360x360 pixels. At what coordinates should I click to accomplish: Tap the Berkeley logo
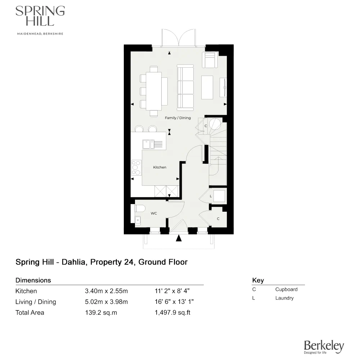tap(324, 347)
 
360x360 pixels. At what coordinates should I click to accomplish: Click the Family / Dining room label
tap(178, 118)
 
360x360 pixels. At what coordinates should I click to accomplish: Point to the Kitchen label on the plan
tap(159, 167)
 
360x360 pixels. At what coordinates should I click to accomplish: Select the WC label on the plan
tap(154, 213)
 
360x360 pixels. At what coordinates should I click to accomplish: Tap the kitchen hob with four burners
tap(136, 167)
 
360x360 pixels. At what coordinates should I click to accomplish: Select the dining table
tap(154, 91)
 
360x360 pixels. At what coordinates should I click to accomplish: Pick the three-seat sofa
tap(185, 87)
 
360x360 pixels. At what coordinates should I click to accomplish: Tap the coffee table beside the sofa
tap(207, 87)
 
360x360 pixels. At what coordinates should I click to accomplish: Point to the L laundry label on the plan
tap(211, 196)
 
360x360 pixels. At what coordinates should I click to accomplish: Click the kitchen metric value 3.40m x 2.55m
tap(106, 291)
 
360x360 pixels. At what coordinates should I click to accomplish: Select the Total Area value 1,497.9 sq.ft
tap(172, 312)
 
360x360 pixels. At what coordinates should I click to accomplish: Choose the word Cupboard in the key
tap(286, 289)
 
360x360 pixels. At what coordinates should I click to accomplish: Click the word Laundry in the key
tap(284, 298)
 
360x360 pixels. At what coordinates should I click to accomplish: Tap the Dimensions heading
tap(33, 280)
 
